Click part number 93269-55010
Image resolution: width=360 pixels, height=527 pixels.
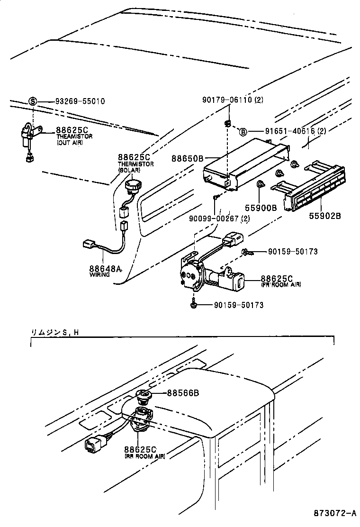coord(80,101)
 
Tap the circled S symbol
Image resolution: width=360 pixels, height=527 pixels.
coord(33,101)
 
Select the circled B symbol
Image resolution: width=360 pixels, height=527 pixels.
coord(242,132)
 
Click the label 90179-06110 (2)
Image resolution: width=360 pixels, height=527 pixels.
coord(233,100)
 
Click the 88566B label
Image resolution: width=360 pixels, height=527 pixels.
coord(182,393)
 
